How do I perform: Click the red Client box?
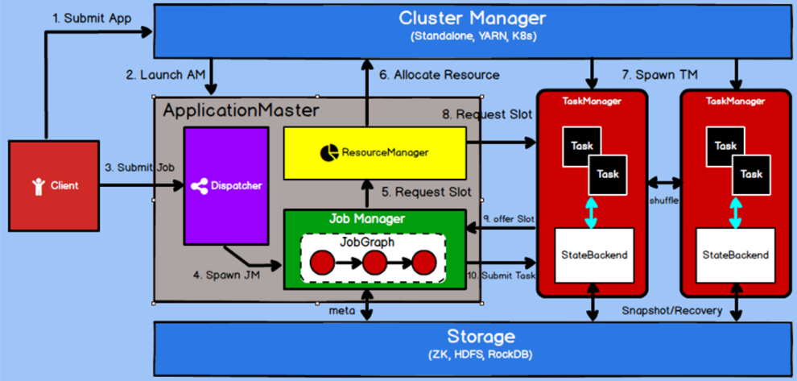pos(55,186)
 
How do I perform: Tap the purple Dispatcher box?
pos(226,185)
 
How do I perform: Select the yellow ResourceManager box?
pos(375,152)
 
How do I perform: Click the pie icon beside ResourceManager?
pos(329,152)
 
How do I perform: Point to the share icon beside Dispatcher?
pos(199,186)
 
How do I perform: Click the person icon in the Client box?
pos(38,186)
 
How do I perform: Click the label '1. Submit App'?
pos(92,19)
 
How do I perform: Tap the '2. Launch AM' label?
pos(166,75)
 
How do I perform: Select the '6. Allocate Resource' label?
pos(440,75)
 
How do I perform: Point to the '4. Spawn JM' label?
pos(227,275)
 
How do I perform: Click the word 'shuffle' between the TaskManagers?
pos(664,201)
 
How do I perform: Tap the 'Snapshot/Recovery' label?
pos(672,311)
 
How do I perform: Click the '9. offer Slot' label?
pos(508,219)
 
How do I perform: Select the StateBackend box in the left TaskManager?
pos(594,255)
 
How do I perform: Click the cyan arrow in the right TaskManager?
pos(736,212)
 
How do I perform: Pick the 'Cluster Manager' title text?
pos(473,19)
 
